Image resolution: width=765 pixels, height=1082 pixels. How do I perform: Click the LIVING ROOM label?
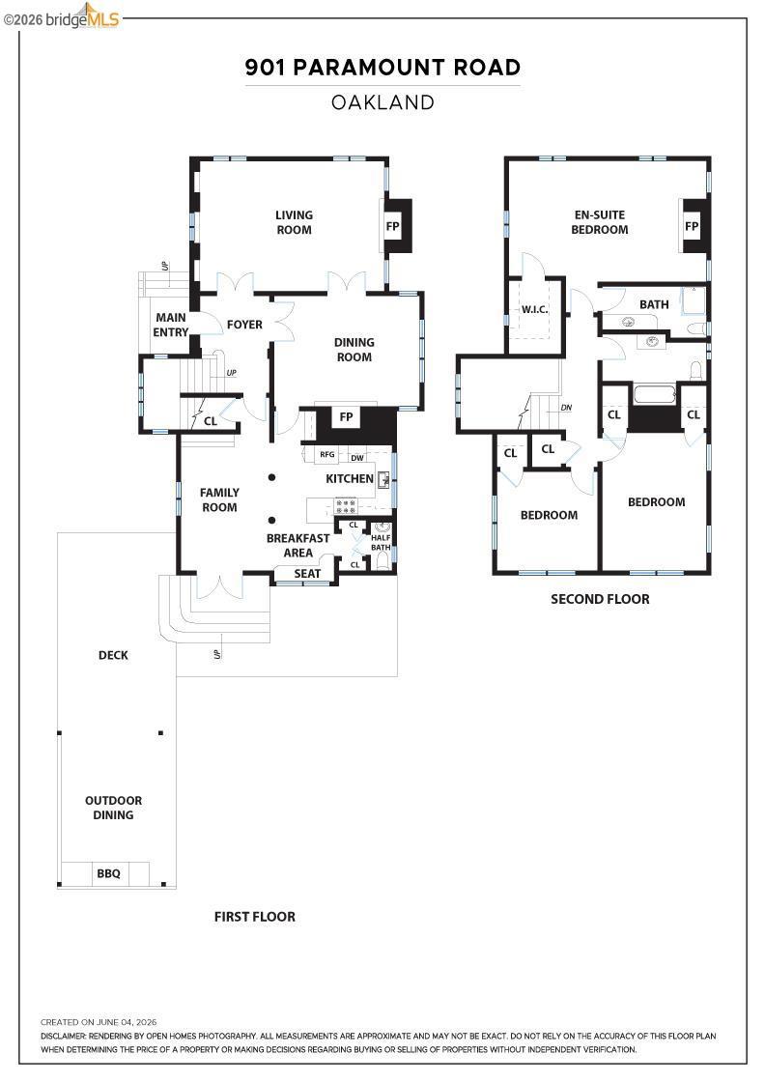tap(294, 222)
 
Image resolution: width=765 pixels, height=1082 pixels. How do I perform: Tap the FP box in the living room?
tap(392, 226)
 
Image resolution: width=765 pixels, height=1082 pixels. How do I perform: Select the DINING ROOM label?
tap(354, 349)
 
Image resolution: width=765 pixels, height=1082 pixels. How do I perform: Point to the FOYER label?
tap(244, 325)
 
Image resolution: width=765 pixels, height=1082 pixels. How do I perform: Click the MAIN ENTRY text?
tap(170, 325)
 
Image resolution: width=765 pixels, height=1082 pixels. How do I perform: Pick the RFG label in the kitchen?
tap(327, 454)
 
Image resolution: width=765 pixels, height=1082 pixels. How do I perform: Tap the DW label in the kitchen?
tap(357, 458)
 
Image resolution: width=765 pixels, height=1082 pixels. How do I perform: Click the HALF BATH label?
tap(381, 542)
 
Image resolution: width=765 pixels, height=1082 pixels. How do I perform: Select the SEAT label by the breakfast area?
tap(307, 574)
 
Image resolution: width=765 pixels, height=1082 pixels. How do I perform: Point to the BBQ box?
tap(108, 873)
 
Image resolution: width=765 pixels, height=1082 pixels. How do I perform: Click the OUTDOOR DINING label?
tap(113, 808)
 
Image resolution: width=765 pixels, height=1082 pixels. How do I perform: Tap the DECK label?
tap(113, 655)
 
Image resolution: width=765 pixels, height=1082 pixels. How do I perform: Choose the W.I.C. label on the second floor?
tap(534, 309)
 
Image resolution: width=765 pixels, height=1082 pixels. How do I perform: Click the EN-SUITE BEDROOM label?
tap(600, 222)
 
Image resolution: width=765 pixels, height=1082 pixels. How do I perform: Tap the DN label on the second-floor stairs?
tap(566, 408)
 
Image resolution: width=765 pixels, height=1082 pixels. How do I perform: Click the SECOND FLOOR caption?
tap(600, 599)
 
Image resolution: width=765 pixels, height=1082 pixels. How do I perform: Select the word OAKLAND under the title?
tap(382, 102)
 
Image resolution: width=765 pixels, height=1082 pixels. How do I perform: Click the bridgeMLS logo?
tap(62, 16)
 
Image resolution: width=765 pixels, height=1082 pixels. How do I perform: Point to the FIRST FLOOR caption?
tap(255, 917)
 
